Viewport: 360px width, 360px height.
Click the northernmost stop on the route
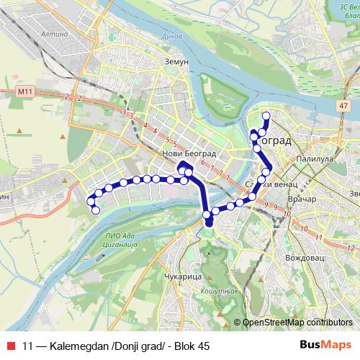pyautogui.click(x=266, y=115)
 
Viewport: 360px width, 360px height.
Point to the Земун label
pyautogui.click(x=176, y=62)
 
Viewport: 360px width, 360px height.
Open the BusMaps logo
pyautogui.click(x=326, y=345)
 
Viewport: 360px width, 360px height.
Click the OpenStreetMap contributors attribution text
pyautogui.click(x=297, y=323)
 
